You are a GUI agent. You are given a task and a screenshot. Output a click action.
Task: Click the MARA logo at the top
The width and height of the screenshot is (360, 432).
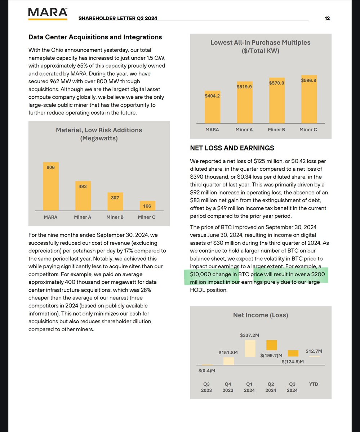(48, 13)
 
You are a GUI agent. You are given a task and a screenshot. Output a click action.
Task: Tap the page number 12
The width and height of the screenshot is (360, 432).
(327, 19)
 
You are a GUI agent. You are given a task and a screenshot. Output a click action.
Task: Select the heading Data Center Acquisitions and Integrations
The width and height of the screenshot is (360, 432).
(95, 37)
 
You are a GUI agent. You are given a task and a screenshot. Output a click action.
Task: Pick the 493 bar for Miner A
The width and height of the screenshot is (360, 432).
(83, 196)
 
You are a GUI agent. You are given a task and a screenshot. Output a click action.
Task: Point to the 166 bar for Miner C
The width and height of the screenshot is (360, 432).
(147, 206)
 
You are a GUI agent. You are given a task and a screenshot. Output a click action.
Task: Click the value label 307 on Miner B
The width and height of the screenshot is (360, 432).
(115, 198)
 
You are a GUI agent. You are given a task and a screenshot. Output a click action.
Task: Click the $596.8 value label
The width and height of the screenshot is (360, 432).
(308, 81)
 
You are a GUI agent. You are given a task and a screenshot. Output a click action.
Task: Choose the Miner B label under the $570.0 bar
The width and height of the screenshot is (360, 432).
(276, 130)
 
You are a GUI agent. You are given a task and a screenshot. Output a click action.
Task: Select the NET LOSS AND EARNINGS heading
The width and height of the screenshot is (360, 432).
(232, 148)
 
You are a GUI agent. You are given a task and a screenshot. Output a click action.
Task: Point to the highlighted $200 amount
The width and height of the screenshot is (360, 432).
(319, 275)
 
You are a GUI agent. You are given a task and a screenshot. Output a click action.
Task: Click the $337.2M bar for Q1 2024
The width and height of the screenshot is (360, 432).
(250, 348)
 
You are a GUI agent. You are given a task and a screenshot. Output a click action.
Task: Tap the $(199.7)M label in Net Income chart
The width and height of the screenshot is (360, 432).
(271, 355)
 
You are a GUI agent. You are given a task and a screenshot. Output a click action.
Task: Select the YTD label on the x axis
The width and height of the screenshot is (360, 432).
(314, 384)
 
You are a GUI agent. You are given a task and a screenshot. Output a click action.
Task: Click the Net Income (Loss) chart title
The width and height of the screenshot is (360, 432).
(261, 315)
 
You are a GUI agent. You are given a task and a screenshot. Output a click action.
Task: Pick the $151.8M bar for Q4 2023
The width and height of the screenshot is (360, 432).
(228, 361)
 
